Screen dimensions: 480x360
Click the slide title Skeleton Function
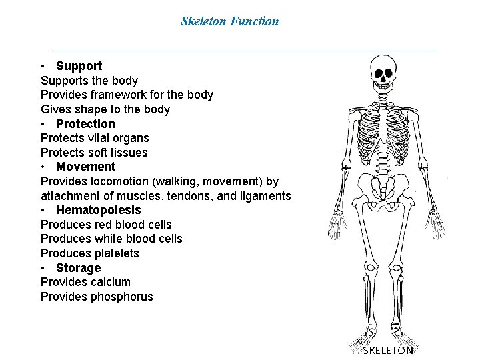(229, 21)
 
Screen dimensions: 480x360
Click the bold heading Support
(79, 66)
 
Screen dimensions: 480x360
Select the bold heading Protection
(85, 124)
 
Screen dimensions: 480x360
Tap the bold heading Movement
(85, 167)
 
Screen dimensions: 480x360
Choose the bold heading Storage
(78, 268)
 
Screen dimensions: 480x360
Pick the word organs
(131, 138)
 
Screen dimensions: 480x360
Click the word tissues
(127, 153)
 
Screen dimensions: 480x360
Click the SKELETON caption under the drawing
(387, 349)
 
